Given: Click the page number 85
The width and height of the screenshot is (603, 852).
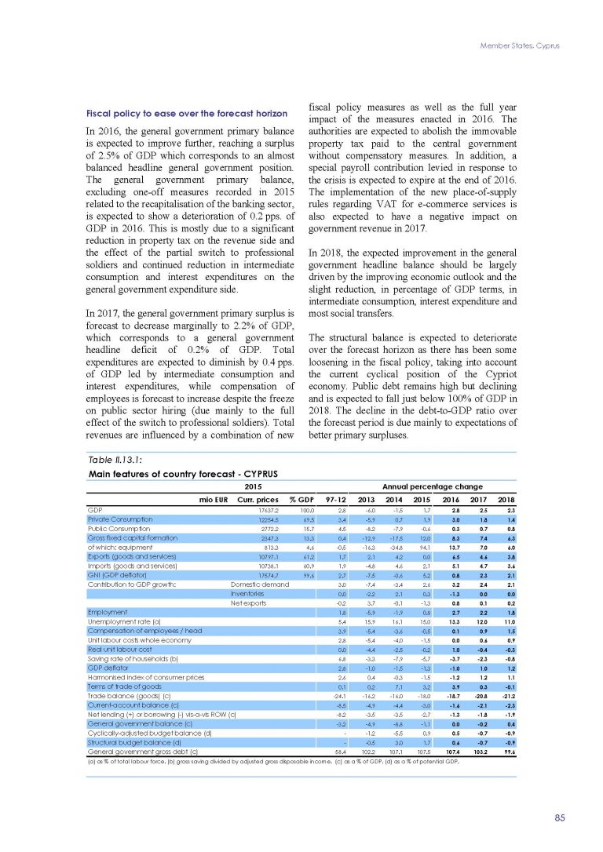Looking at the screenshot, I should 559,817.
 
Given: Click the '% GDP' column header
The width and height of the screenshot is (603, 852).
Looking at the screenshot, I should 302,497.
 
